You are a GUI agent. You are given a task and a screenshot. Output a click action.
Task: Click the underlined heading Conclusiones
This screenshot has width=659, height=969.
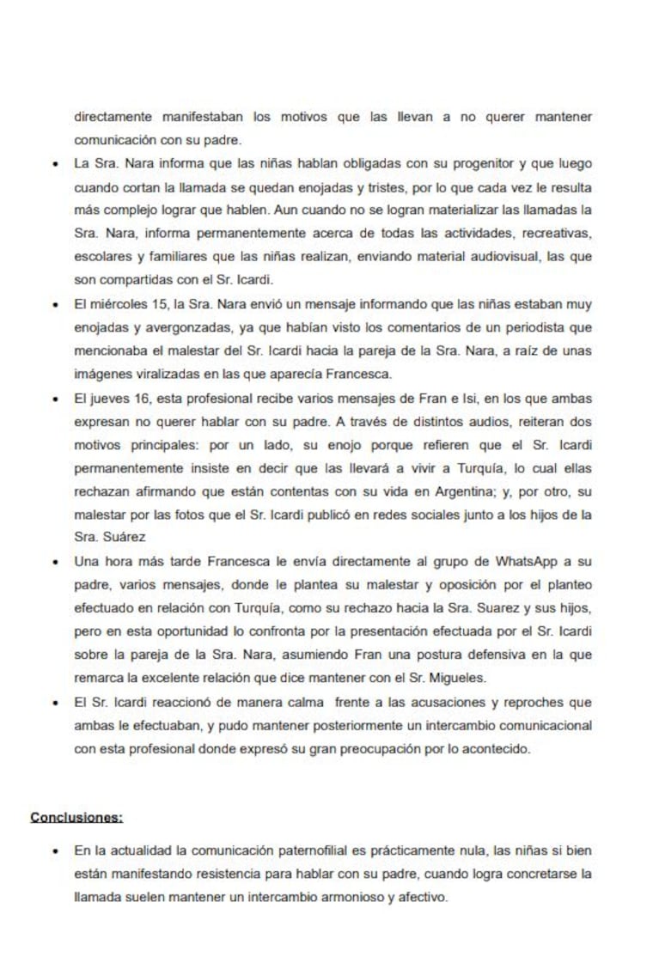coord(76,816)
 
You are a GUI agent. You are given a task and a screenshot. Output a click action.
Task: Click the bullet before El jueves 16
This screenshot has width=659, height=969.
coord(56,399)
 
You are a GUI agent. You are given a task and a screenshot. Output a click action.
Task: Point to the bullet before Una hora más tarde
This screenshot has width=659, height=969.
coord(56,562)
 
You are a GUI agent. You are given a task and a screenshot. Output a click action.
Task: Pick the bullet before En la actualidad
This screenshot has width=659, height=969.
coord(56,851)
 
